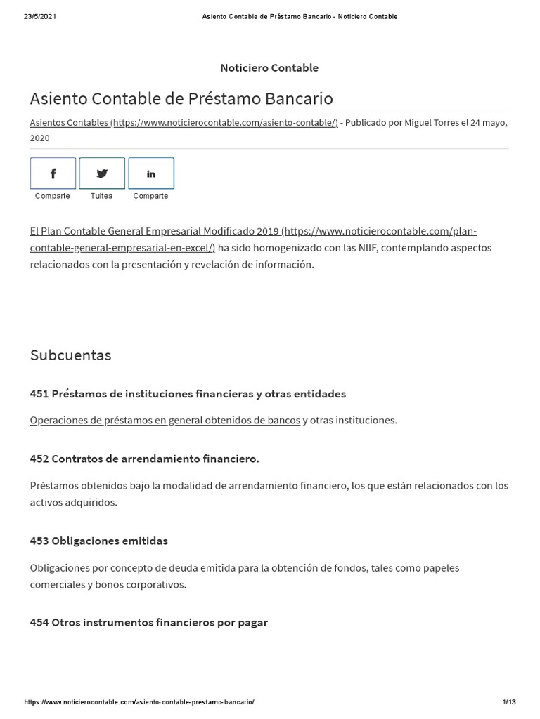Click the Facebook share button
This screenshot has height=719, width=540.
coord(53,173)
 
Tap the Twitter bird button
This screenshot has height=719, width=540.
coord(102,173)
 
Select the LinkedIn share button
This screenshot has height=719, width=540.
coord(151,173)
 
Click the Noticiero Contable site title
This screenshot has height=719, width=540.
coord(269,68)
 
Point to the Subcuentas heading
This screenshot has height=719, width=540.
coord(70,355)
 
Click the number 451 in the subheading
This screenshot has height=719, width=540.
coord(39,394)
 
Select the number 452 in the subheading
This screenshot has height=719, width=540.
coord(39,459)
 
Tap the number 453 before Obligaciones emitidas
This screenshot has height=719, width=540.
coord(39,541)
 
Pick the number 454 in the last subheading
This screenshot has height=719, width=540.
coord(39,623)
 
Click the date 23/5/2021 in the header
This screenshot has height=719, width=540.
coord(39,17)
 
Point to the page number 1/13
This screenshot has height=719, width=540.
coord(509,702)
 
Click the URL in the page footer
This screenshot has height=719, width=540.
coord(139,702)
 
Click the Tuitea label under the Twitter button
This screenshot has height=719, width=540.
coord(102,196)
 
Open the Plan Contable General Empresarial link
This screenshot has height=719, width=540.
coord(155,231)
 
